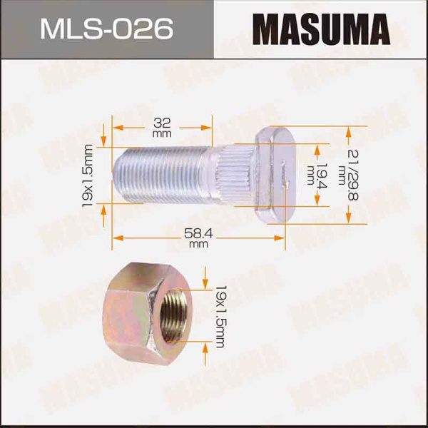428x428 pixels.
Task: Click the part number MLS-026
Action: [x=106, y=29]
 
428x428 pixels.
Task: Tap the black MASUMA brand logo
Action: [x=321, y=30]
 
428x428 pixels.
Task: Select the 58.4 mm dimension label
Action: [x=198, y=238]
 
